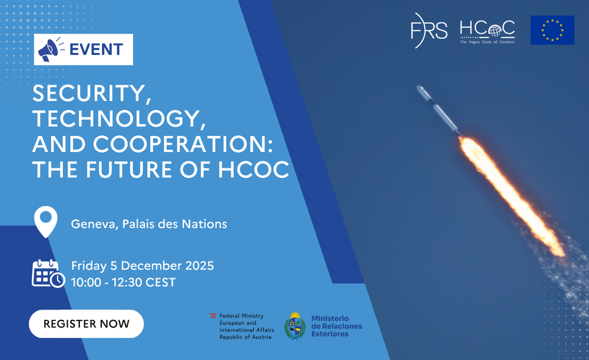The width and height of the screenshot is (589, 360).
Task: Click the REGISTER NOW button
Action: click(x=86, y=323)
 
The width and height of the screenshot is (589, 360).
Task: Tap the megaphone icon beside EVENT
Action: click(x=50, y=49)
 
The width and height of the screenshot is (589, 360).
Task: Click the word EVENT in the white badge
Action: click(x=96, y=50)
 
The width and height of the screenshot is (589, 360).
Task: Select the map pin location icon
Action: click(x=46, y=221)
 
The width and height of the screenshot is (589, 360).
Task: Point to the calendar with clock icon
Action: click(x=49, y=274)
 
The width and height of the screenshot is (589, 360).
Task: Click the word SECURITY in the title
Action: click(x=89, y=93)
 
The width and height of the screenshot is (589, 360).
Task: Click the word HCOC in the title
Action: click(x=253, y=170)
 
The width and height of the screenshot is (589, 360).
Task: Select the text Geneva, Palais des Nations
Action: click(x=149, y=224)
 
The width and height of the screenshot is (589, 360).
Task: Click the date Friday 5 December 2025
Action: click(x=142, y=266)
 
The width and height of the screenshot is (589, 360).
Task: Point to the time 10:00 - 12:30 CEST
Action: click(x=123, y=282)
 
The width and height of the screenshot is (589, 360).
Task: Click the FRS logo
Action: click(x=429, y=30)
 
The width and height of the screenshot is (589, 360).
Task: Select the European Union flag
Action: click(x=552, y=30)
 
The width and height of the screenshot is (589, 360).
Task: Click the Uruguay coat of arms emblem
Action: click(x=295, y=326)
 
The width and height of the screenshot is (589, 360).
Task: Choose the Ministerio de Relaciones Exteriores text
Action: click(x=337, y=326)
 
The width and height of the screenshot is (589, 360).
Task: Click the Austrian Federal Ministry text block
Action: click(x=247, y=327)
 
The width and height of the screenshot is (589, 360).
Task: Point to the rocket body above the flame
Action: click(x=439, y=110)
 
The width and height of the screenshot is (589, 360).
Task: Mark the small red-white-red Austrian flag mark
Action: click(x=213, y=316)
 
